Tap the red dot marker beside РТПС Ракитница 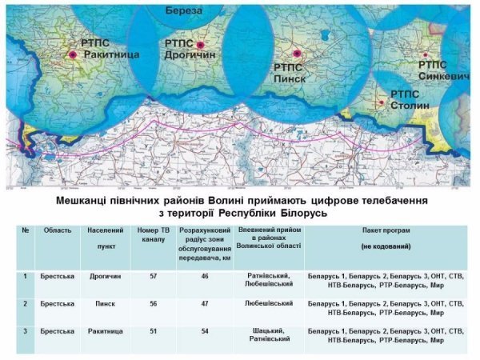tap(73, 54)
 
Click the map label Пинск tap(290, 79)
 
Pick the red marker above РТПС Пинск tap(297, 54)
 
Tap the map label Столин tap(411, 105)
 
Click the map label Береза tap(184, 10)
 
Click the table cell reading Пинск tap(102, 304)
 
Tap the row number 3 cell tap(26, 330)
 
